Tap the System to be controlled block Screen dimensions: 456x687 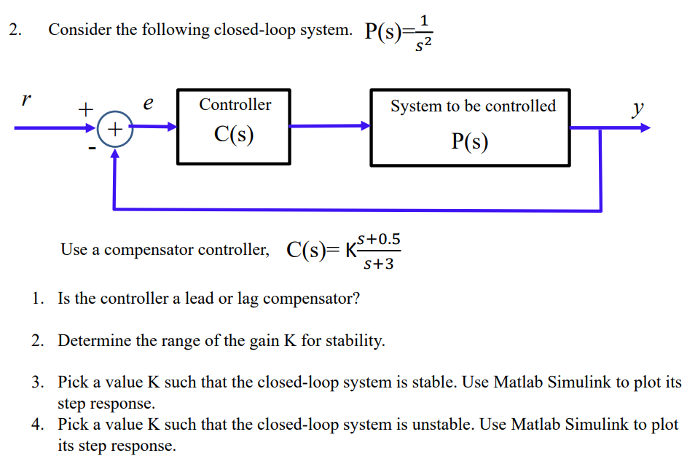pyautogui.click(x=470, y=127)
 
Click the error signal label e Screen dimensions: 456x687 pyautogui.click(x=148, y=104)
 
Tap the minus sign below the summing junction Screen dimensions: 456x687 pyautogui.click(x=93, y=149)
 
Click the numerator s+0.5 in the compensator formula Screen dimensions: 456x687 pyautogui.click(x=379, y=239)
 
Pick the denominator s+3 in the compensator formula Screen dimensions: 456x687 pyautogui.click(x=378, y=264)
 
